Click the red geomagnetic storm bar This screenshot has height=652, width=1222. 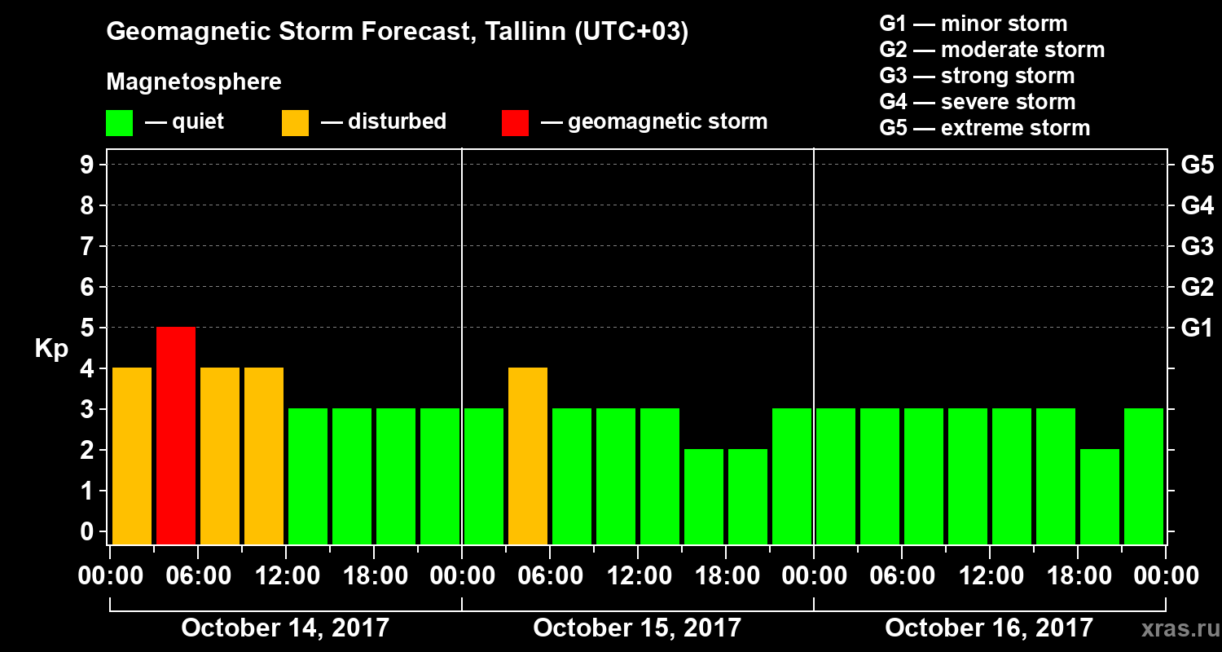click(176, 435)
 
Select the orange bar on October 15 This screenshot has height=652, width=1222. click(528, 456)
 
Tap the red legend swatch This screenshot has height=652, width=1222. click(515, 122)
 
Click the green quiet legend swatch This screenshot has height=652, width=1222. click(119, 122)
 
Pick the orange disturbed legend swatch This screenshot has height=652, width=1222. click(295, 122)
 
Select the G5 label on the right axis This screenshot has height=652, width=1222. click(1197, 165)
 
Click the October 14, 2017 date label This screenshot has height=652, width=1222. click(285, 628)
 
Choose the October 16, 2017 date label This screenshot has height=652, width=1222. click(989, 628)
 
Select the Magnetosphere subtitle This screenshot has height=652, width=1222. click(194, 82)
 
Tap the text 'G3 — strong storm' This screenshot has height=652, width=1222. click(977, 76)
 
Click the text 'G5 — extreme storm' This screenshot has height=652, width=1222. click(984, 128)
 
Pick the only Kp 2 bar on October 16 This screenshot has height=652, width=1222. click(1100, 496)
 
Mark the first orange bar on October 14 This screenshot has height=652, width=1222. click(132, 456)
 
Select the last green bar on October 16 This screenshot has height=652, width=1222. click(1144, 476)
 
